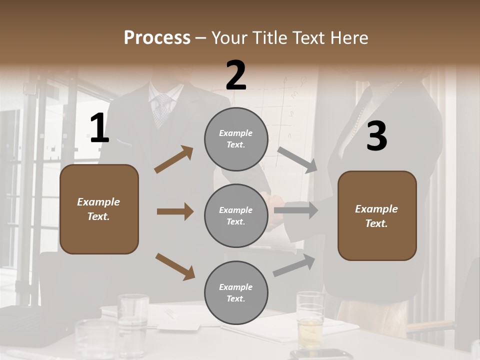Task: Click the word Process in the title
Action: coord(157,38)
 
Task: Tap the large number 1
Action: coord(99,128)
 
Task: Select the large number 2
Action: coord(235,75)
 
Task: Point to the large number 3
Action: coord(376,136)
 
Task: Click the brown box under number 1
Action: coord(99,209)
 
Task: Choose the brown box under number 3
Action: coord(377,215)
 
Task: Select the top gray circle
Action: coord(236,139)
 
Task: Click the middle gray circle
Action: coord(236,215)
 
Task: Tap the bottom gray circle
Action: coord(236,292)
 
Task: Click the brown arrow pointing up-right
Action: coord(174,159)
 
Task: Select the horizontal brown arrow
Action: coord(175,211)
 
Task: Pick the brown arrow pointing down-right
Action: coord(175,266)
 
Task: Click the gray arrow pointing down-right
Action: coord(298,160)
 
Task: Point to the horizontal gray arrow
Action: coord(296,210)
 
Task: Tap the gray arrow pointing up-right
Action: coord(294,265)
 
